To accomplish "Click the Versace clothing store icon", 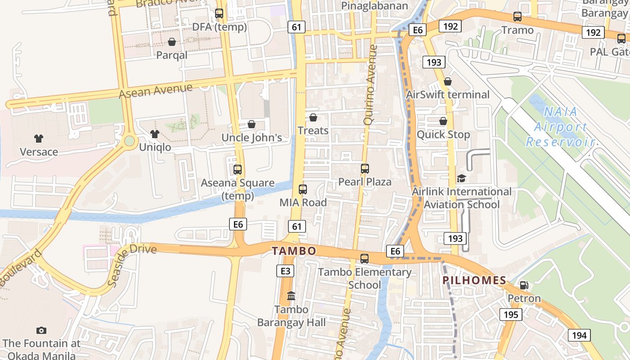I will click(38, 139).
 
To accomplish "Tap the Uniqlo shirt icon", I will click(155, 134).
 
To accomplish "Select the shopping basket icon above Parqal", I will click(172, 42).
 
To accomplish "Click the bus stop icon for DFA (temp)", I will click(219, 13).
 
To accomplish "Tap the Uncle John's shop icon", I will click(252, 124).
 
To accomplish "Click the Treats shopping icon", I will click(313, 117).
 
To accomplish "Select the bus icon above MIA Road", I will click(303, 189).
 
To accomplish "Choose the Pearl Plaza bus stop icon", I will click(365, 169).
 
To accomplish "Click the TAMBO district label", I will click(294, 251).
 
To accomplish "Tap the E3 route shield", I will click(285, 271).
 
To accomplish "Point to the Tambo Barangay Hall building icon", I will click(291, 296).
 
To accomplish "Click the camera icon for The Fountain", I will click(41, 331).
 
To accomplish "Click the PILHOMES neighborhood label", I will click(474, 280).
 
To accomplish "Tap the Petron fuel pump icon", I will click(524, 285).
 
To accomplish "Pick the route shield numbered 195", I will click(511, 315).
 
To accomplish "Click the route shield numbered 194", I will click(579, 335).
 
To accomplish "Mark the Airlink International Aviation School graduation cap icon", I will click(461, 179).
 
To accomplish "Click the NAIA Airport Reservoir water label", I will click(560, 127).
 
